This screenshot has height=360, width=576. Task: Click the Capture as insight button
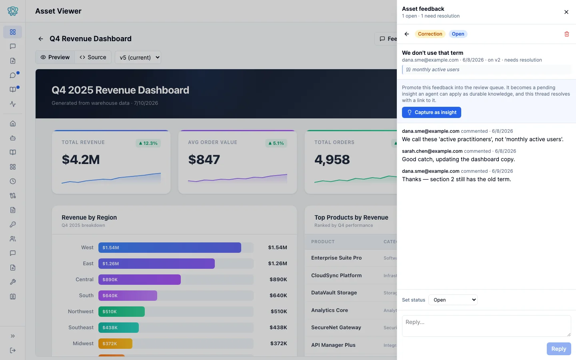point(431,112)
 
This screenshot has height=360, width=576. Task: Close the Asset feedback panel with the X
point(566,12)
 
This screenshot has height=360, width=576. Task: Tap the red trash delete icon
point(566,34)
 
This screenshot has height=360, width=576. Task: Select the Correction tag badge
point(430,34)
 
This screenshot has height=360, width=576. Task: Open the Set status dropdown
point(453,300)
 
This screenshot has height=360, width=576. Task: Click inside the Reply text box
point(486,326)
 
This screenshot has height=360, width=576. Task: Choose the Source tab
point(93,57)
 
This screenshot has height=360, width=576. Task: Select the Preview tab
point(55,57)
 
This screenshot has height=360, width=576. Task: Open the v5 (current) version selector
point(138,57)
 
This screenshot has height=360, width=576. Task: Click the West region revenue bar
point(170,247)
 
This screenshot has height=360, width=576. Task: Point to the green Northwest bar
point(121,311)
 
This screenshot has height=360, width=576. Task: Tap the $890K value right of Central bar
point(278,279)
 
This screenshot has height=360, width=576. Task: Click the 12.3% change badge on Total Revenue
point(148,143)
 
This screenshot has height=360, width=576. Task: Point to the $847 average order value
point(204,160)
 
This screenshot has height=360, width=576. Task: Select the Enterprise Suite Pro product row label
point(336,258)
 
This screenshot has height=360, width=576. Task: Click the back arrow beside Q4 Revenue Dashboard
point(41,39)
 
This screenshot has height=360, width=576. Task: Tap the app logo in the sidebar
point(13,11)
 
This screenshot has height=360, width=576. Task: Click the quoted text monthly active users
point(436,70)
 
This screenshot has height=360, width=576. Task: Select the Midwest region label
point(83,343)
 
